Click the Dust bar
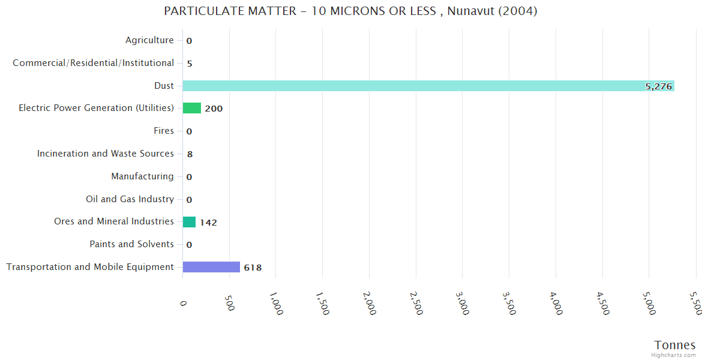(x=428, y=86)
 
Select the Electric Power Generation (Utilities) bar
(x=192, y=108)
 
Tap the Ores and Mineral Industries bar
(x=189, y=222)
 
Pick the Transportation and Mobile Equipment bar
(x=211, y=267)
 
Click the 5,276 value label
(x=658, y=86)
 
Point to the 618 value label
(x=253, y=268)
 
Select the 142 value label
(x=208, y=223)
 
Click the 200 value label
(x=214, y=109)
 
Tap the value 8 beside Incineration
(x=190, y=154)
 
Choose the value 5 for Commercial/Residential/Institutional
(x=190, y=64)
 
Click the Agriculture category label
(x=149, y=40)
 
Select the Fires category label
(x=164, y=131)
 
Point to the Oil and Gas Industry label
(x=130, y=199)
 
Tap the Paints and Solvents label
(x=131, y=244)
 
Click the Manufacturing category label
(x=142, y=176)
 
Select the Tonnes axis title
(x=674, y=345)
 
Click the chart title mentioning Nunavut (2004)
(x=350, y=11)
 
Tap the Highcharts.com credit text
(x=674, y=355)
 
